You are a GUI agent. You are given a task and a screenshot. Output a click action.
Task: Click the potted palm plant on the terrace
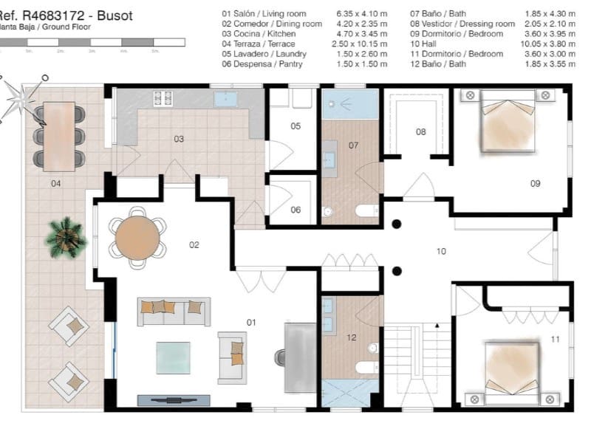[66, 236]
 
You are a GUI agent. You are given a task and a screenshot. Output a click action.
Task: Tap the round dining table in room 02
[138, 237]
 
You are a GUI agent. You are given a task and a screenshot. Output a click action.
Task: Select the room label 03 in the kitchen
[179, 139]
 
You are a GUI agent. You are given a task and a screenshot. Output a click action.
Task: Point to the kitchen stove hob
[163, 98]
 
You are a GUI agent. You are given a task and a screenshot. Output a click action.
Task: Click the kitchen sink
[225, 99]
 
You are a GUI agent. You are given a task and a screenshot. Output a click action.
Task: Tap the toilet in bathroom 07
[366, 211]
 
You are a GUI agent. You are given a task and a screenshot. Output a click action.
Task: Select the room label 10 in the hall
[441, 252]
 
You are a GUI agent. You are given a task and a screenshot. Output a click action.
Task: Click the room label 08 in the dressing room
[420, 132]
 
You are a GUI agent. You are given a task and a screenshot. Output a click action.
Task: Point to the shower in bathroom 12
[350, 391]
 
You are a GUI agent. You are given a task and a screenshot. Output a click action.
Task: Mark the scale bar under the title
[92, 43]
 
